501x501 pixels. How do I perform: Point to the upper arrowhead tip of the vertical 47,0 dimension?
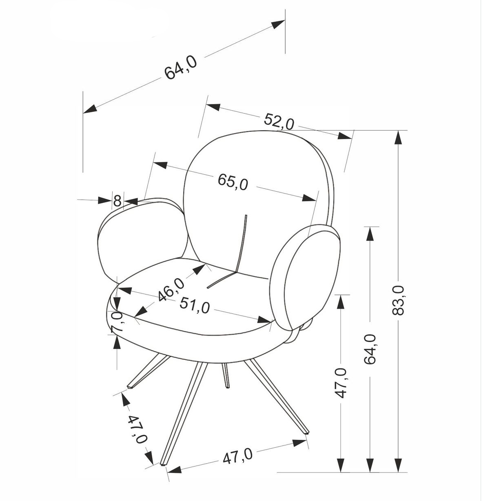[x=341, y=295]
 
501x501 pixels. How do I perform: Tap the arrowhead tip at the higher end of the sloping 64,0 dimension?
[x=285, y=20]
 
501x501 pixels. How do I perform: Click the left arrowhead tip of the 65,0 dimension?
[x=153, y=163]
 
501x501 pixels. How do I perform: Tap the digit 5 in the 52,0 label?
[x=269, y=120]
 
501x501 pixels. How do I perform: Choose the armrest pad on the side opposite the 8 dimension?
[x=306, y=278]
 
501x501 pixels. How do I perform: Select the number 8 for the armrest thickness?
[x=117, y=201]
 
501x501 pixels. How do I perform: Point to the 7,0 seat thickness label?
[x=116, y=323]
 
